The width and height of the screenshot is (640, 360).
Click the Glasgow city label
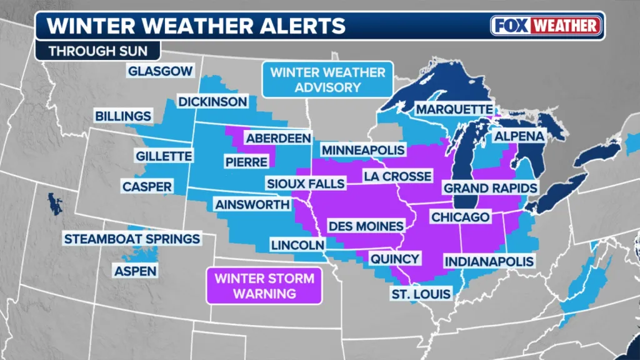click(160, 71)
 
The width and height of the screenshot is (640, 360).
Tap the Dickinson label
click(212, 101)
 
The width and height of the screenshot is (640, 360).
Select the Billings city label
click(123, 116)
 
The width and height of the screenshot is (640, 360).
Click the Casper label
click(147, 187)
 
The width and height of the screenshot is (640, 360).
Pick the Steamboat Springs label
click(132, 239)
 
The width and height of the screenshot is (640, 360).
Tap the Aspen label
click(135, 271)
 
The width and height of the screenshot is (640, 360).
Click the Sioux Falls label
click(305, 184)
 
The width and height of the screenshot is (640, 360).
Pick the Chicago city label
click(459, 217)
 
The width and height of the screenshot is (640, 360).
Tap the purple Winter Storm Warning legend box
click(264, 286)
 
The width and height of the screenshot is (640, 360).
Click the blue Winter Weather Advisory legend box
click(328, 79)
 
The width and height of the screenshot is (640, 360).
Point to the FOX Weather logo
click(546, 26)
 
